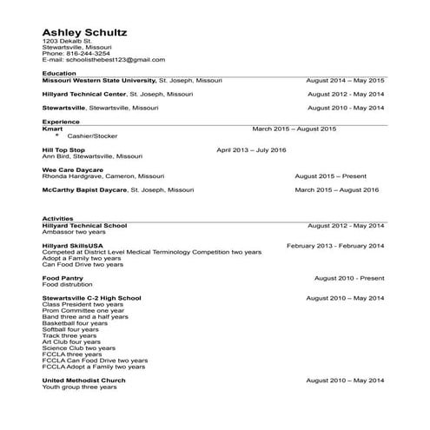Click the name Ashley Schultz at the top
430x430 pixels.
84,32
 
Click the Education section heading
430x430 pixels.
59,74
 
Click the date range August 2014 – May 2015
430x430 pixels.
345,80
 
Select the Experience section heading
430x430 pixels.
61,122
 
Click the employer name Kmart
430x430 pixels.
52,129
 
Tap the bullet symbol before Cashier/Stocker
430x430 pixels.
57,136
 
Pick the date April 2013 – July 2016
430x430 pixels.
250,150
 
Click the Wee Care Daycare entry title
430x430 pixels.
73,169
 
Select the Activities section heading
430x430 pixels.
58,219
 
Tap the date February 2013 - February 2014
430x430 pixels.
334,246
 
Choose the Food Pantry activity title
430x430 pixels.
63,278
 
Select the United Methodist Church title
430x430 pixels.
84,380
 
